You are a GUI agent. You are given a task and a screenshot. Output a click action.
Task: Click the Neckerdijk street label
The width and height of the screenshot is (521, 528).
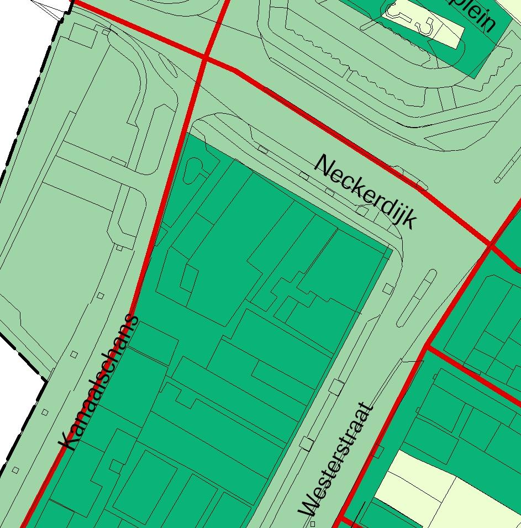click(365, 192)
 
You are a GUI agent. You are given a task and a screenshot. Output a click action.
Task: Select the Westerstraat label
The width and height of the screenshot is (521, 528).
click(336, 460)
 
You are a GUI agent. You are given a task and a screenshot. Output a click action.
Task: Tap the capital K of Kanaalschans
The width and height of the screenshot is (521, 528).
click(68, 440)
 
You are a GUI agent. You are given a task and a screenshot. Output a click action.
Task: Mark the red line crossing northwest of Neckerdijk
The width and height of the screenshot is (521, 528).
click(205, 57)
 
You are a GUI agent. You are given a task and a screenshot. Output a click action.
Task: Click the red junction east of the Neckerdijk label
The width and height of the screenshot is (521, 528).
click(490, 244)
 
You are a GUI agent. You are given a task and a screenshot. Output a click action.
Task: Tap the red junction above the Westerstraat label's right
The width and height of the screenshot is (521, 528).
click(427, 347)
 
